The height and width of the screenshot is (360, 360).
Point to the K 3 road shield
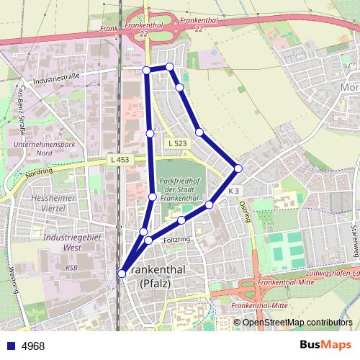coord(233,191)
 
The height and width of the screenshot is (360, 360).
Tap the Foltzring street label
coord(176,238)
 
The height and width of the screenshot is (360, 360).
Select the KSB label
coord(71,267)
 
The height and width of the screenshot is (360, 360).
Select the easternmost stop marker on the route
coord(238,168)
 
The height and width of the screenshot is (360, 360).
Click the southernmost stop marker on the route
coord(122,273)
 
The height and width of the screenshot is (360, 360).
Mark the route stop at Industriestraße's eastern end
coord(146,69)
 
